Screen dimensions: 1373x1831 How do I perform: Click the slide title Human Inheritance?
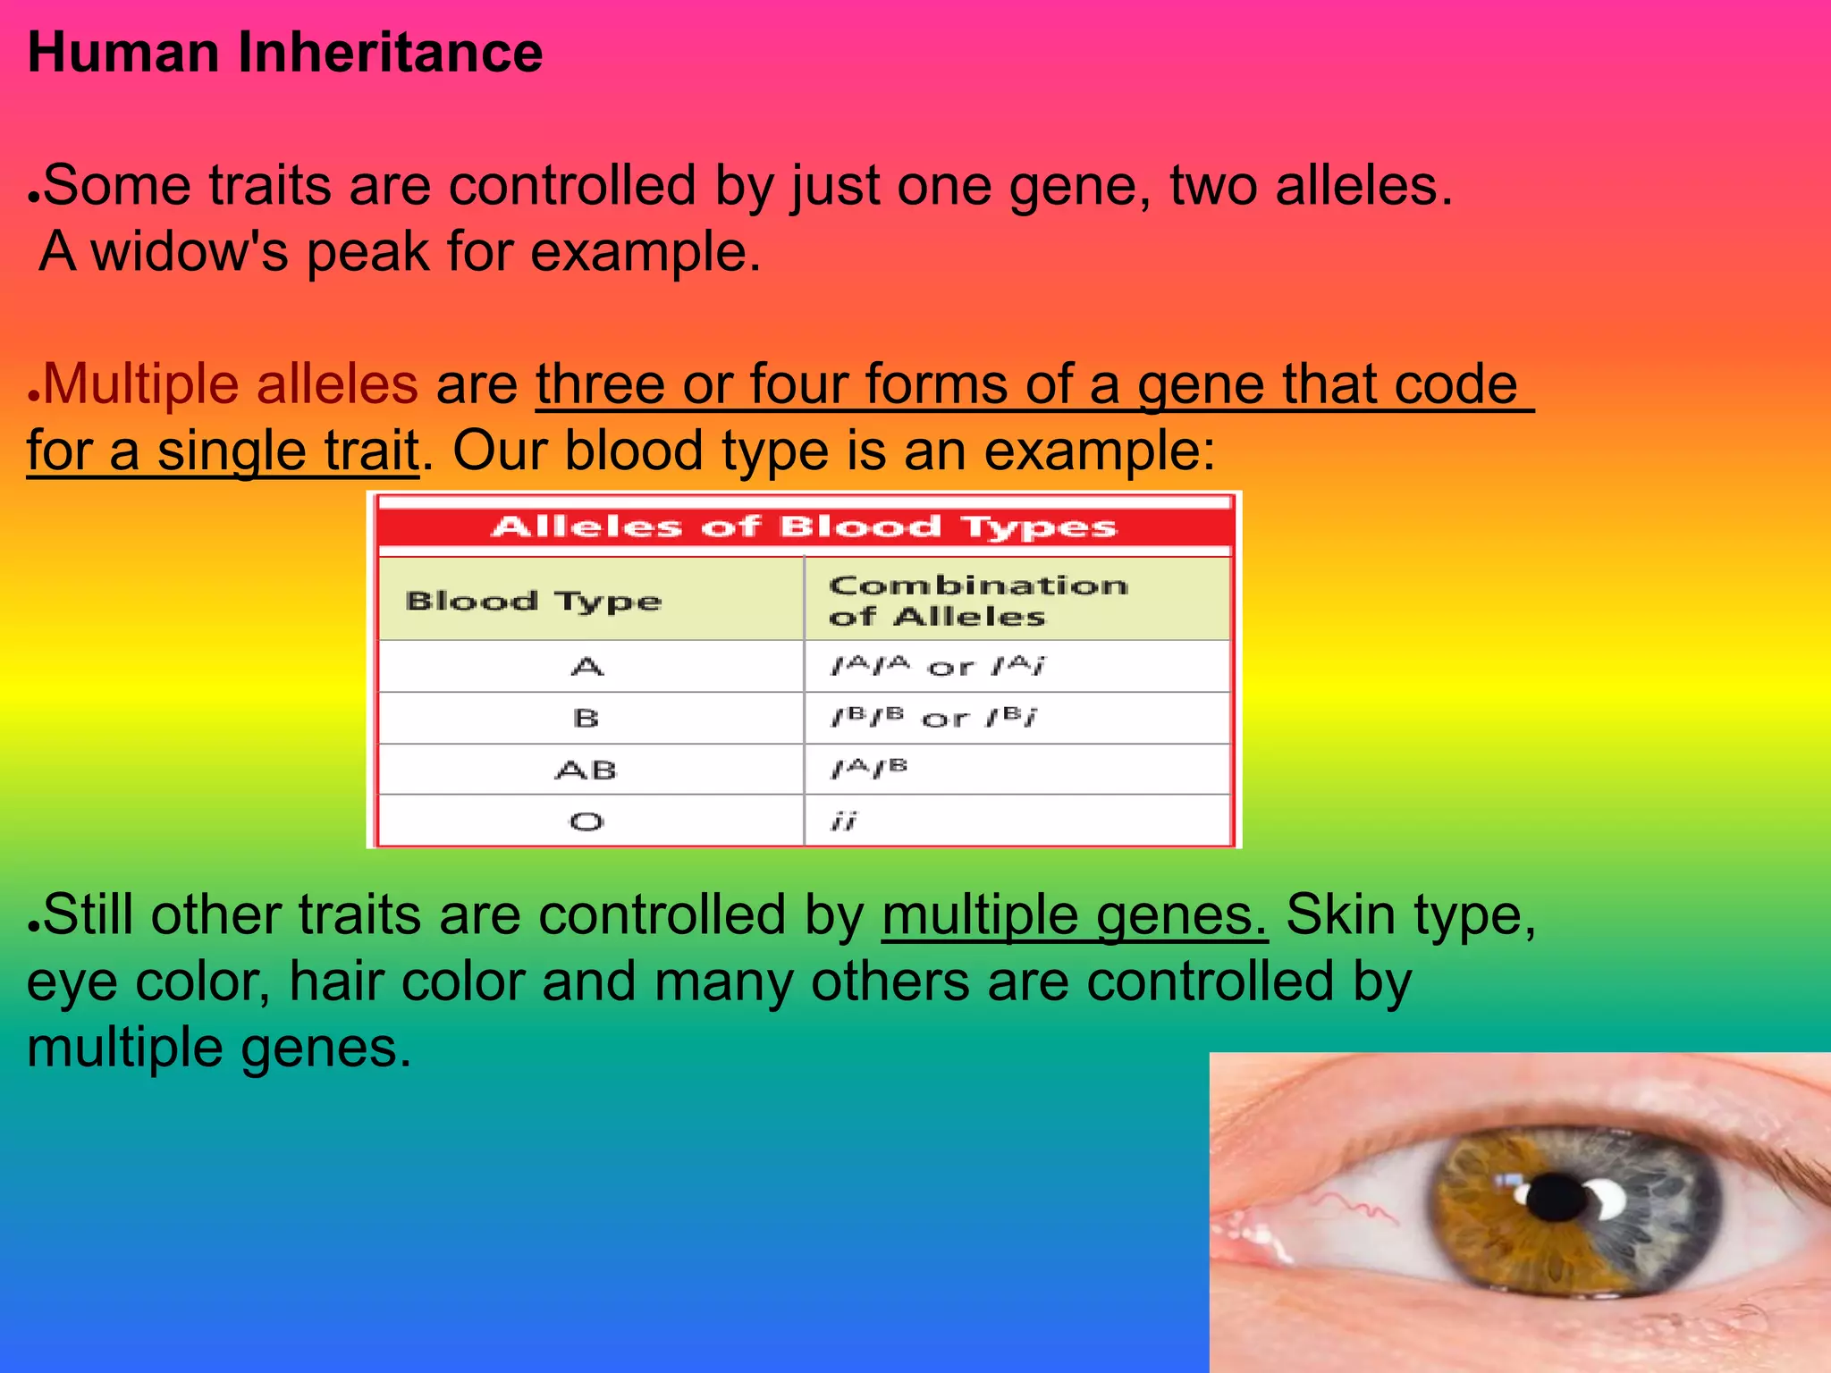click(284, 53)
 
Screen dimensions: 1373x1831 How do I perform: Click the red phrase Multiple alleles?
click(230, 384)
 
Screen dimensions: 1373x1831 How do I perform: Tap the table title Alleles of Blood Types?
click(804, 526)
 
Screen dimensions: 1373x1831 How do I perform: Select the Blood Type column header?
click(534, 600)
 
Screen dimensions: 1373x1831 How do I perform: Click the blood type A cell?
click(587, 667)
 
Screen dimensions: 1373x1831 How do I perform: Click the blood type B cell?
click(586, 718)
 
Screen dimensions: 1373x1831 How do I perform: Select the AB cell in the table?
click(586, 770)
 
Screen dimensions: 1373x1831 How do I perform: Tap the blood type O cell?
click(586, 821)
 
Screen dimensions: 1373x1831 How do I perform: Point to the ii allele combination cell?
click(844, 821)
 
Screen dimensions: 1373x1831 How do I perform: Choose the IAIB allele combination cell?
click(869, 769)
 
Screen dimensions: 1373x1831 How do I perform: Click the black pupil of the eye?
click(1557, 1198)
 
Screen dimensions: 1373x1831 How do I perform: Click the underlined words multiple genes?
click(1074, 916)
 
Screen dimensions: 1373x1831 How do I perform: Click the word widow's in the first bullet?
click(190, 252)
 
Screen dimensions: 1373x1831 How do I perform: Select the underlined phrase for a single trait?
click(223, 451)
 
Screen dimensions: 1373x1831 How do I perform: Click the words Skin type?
click(1410, 916)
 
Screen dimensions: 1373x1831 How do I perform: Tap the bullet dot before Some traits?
click(33, 196)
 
